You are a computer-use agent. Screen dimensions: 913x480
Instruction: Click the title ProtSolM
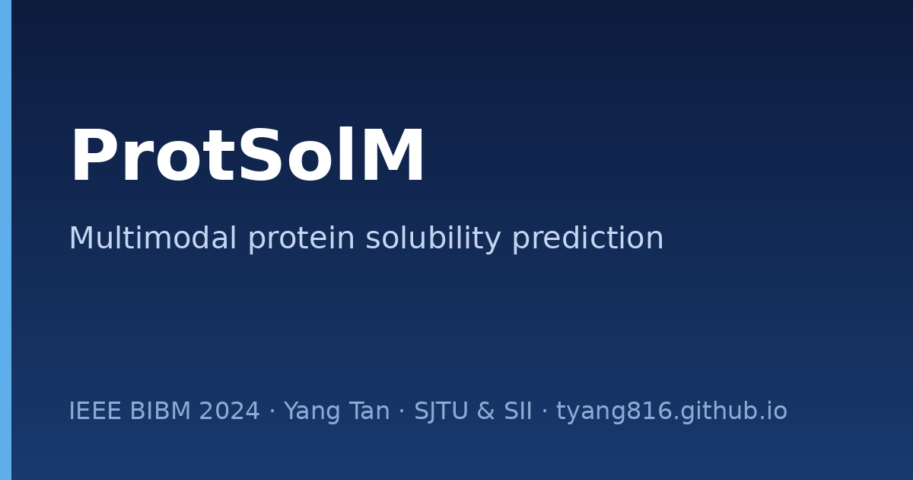pyautogui.click(x=248, y=155)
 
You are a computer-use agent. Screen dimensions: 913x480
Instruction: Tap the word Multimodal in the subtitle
pyautogui.click(x=152, y=238)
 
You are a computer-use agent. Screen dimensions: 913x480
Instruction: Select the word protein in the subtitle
pyautogui.click(x=301, y=238)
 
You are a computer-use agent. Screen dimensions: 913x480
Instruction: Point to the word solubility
pyautogui.click(x=433, y=238)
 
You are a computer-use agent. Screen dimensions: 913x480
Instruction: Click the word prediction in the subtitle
pyautogui.click(x=587, y=238)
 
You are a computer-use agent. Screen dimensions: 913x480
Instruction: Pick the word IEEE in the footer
pyautogui.click(x=95, y=411)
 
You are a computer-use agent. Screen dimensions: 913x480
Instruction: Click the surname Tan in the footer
pyautogui.click(x=370, y=411)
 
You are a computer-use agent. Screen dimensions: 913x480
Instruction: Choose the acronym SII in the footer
pyautogui.click(x=517, y=411)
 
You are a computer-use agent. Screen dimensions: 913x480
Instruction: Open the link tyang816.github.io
pyautogui.click(x=672, y=411)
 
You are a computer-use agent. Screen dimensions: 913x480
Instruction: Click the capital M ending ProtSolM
pyautogui.click(x=393, y=155)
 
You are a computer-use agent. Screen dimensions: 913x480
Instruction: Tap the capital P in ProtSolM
pyautogui.click(x=91, y=155)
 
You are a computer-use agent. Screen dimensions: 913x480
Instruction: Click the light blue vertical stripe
pyautogui.click(x=6, y=240)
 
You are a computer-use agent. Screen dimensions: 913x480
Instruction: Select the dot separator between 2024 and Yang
pyautogui.click(x=272, y=410)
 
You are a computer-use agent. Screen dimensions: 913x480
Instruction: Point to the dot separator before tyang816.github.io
pyautogui.click(x=544, y=410)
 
